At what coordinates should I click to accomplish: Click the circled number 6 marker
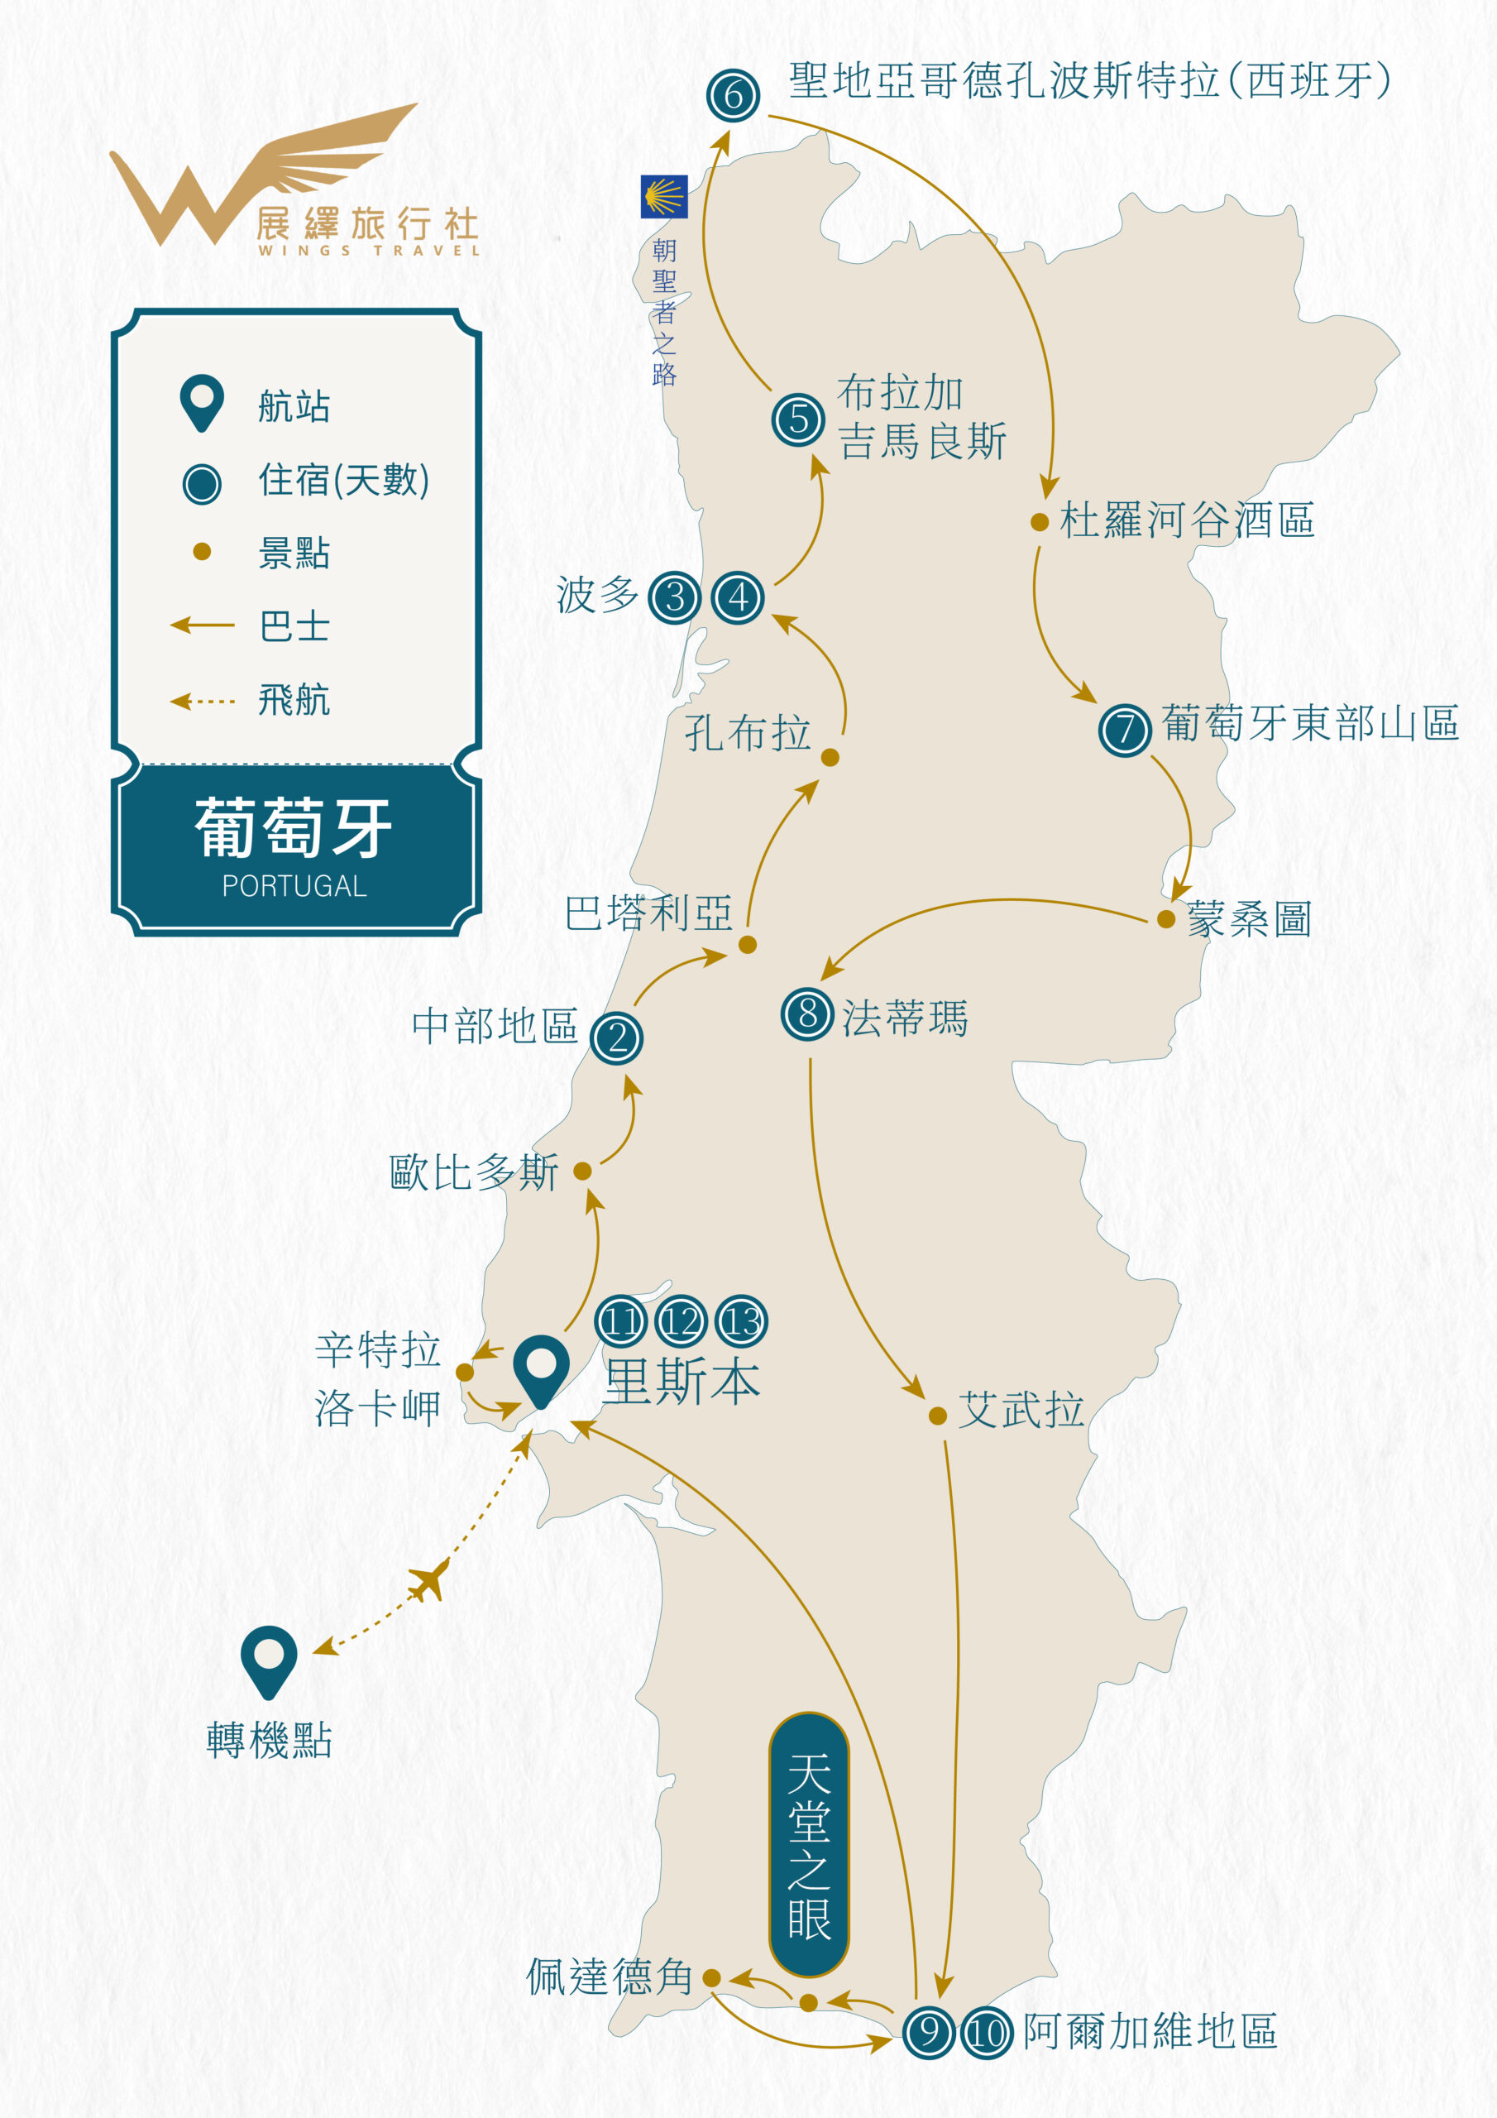click(734, 95)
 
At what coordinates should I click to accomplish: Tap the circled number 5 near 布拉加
click(798, 419)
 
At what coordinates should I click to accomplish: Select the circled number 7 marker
click(1124, 730)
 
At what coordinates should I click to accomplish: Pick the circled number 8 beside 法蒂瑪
click(807, 1013)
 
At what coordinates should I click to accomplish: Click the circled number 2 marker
click(616, 1037)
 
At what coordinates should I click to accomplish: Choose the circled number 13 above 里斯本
click(742, 1322)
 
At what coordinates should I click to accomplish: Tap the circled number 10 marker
click(987, 2032)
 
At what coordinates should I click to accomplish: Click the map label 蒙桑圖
click(1249, 920)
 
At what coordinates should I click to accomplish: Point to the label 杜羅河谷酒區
click(1186, 520)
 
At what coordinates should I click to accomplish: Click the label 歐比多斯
click(473, 1172)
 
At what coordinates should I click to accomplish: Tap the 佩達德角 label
click(609, 1977)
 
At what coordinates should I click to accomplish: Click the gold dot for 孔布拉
click(830, 757)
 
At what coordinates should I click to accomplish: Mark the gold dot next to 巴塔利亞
click(748, 945)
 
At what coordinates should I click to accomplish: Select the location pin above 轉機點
click(269, 1660)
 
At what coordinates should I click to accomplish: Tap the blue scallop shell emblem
click(664, 196)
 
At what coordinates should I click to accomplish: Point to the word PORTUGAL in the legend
click(294, 885)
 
